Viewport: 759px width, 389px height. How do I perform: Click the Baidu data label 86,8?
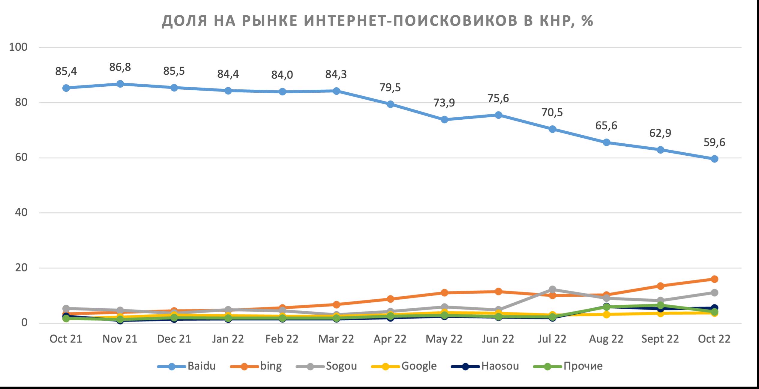tap(120, 67)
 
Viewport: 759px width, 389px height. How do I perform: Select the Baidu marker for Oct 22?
tap(714, 159)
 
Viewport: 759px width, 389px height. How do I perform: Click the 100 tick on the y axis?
tap(18, 47)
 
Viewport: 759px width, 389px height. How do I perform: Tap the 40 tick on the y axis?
tap(21, 213)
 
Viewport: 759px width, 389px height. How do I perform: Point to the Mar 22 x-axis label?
tap(336, 339)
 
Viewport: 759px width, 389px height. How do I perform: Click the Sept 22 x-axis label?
tap(660, 339)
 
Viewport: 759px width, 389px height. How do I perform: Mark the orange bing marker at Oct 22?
tap(714, 279)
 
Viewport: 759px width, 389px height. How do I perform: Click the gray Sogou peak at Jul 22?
tap(552, 289)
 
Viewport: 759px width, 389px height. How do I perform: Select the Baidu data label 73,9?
tap(444, 103)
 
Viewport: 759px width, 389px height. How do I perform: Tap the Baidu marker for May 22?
tap(444, 119)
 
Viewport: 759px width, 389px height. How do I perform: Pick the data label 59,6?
tap(714, 142)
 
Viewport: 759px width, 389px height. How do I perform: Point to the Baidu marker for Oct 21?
tap(66, 88)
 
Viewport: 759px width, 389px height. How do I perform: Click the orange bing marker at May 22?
tap(444, 293)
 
